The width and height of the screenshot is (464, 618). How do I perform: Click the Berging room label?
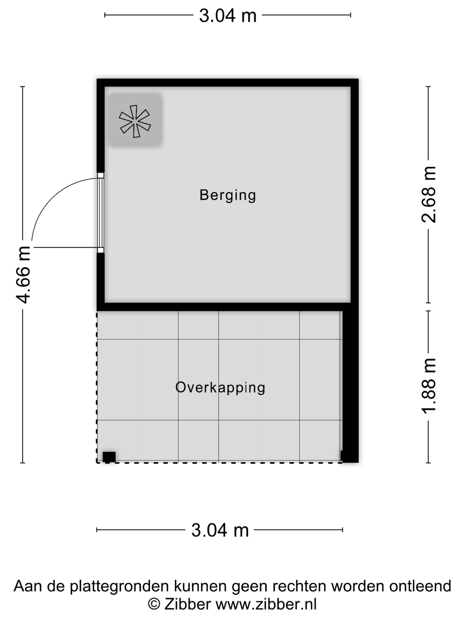(x=228, y=195)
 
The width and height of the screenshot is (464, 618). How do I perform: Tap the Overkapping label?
(x=220, y=388)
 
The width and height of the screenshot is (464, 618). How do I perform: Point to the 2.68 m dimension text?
(x=428, y=194)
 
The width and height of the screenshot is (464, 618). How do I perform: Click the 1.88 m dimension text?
(x=428, y=386)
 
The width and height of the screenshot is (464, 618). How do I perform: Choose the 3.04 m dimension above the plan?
(x=228, y=16)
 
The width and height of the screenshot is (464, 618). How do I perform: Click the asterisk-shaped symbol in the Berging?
(x=135, y=121)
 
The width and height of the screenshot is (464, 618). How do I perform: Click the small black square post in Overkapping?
(x=109, y=457)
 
